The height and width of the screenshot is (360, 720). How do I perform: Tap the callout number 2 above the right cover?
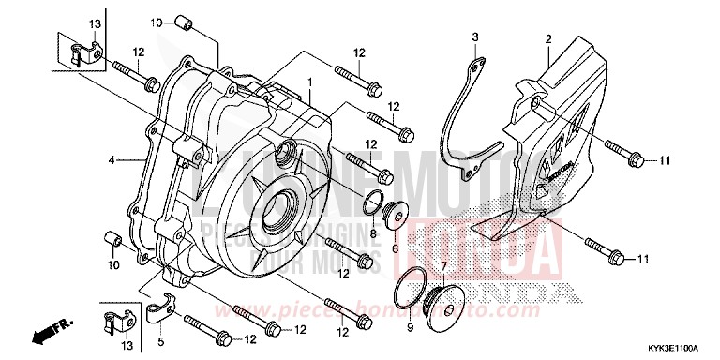click(547, 38)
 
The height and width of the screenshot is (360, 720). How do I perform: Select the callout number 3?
click(475, 37)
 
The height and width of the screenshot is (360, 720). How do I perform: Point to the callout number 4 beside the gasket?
click(111, 160)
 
